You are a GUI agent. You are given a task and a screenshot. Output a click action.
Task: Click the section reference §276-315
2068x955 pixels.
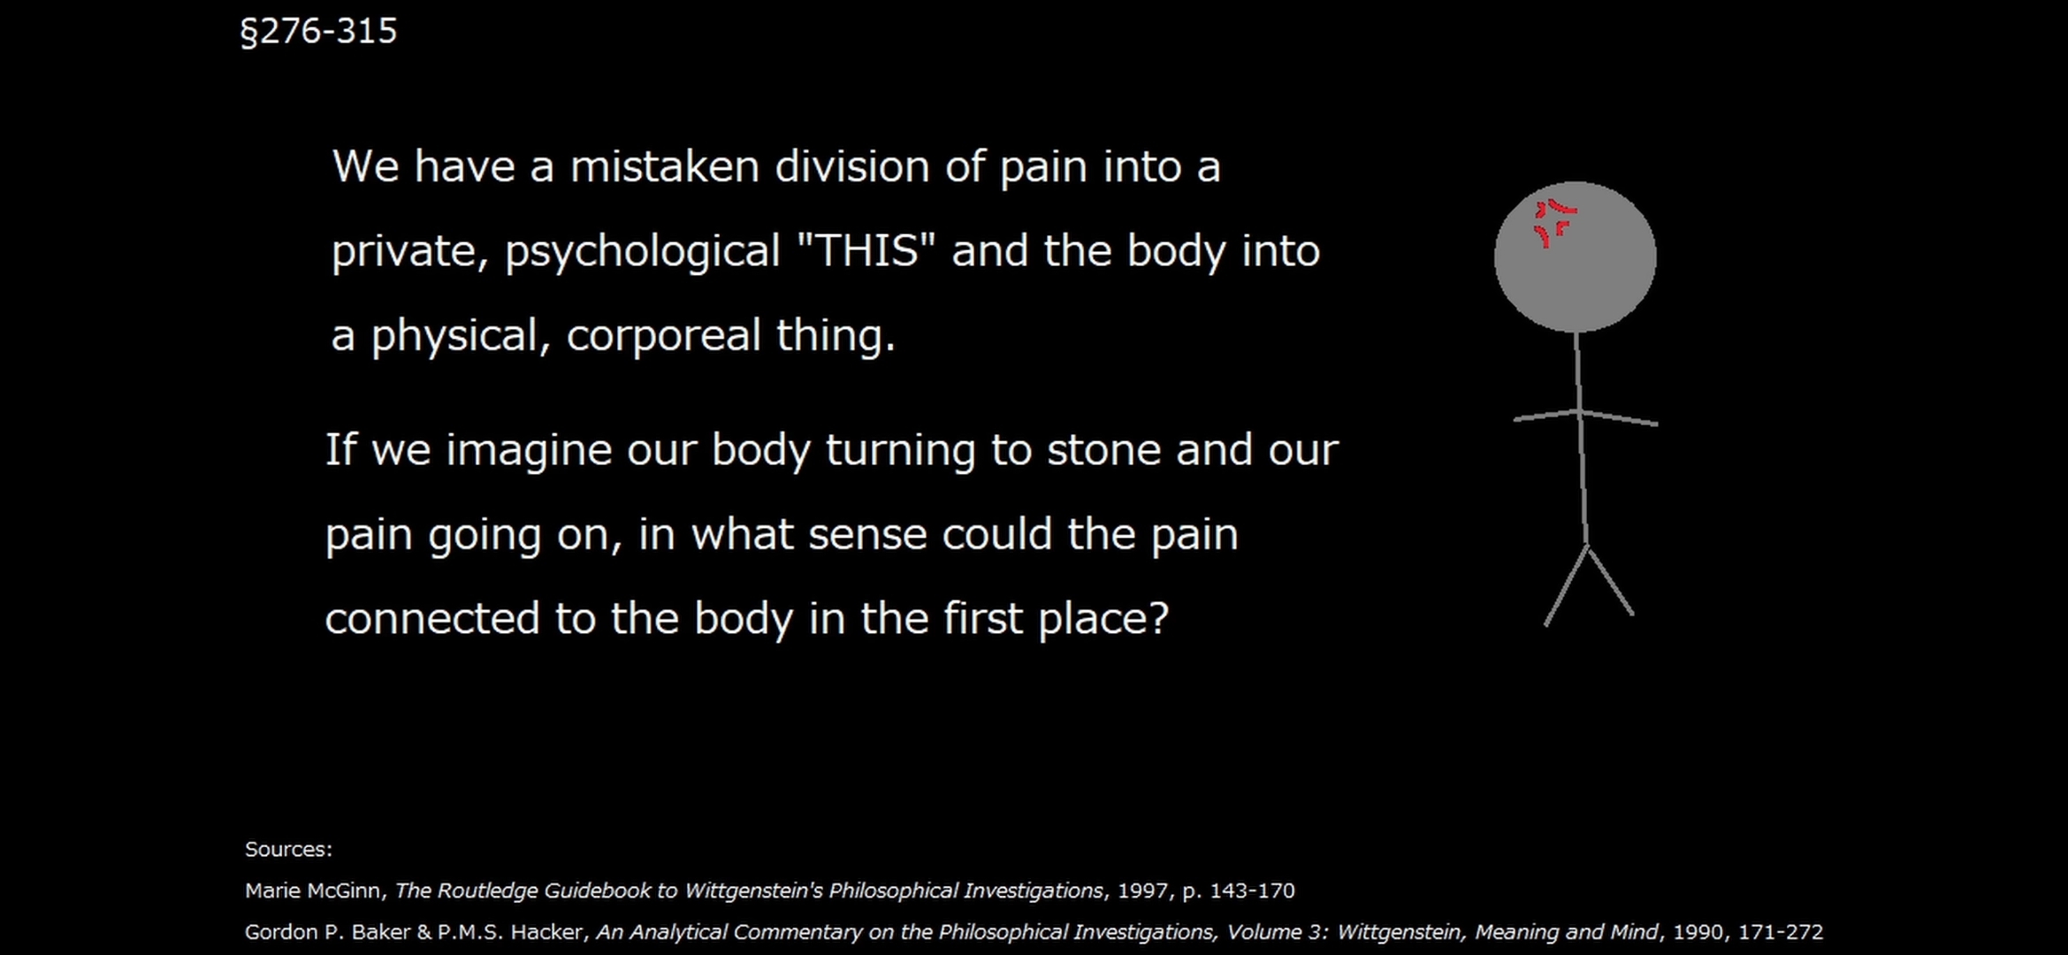319,32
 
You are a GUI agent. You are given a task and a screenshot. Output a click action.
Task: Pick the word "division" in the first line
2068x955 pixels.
852,166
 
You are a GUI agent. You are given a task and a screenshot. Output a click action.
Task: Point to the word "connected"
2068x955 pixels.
432,618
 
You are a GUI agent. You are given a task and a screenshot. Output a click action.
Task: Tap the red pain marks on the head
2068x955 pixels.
1554,223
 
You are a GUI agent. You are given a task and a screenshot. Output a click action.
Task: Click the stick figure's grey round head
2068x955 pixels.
1575,257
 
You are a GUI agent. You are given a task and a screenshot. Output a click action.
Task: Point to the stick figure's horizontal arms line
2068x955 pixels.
1585,416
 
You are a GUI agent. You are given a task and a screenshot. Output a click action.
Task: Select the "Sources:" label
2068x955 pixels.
289,849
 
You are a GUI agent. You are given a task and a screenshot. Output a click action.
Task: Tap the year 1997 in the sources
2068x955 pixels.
1141,890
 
